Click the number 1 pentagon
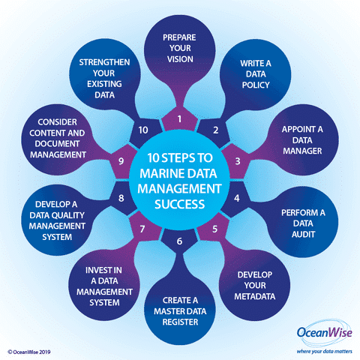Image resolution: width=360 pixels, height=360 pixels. (x=179, y=119)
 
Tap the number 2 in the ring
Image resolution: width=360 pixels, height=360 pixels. (x=215, y=130)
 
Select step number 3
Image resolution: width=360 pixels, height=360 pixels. (x=238, y=161)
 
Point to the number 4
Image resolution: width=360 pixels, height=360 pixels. (x=237, y=198)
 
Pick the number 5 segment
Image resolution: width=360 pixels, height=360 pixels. (x=214, y=229)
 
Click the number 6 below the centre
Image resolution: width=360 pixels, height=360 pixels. (x=179, y=241)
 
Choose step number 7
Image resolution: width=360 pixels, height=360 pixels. (x=142, y=229)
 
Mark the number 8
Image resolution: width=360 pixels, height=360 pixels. (x=121, y=198)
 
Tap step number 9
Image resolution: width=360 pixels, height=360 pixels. (x=121, y=161)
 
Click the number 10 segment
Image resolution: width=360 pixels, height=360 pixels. (x=143, y=130)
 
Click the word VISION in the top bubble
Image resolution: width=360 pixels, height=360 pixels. (x=180, y=59)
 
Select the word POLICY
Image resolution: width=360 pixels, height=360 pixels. (x=256, y=85)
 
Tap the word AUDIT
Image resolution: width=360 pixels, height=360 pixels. (x=303, y=234)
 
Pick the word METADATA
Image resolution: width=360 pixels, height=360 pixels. (x=255, y=296)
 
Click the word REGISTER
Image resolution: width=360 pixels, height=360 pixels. (x=180, y=322)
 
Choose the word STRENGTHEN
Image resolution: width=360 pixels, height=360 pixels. (x=104, y=62)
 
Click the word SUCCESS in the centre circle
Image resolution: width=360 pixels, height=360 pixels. (x=180, y=204)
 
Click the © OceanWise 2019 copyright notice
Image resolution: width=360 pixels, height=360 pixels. (x=29, y=352)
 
